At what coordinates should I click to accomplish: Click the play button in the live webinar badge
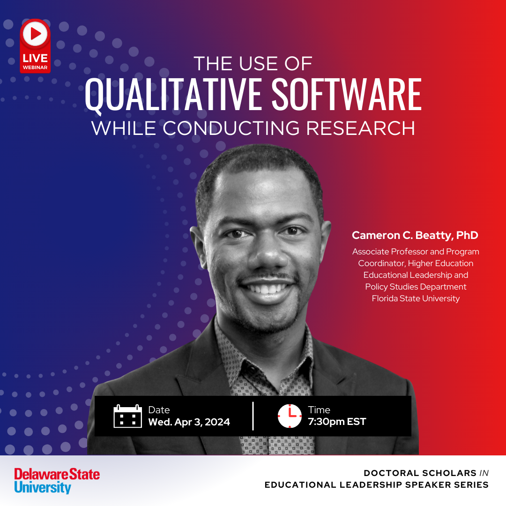point(35,34)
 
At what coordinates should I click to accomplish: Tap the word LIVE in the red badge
point(35,58)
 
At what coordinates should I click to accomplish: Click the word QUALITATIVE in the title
point(172,95)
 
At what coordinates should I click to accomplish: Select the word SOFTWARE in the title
point(347,95)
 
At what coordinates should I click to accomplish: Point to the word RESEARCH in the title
point(360,128)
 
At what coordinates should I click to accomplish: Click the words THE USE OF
point(253,64)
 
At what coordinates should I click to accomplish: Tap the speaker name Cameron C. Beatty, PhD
point(415,235)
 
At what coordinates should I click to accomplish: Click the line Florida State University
point(416,298)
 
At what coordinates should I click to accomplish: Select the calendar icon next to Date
point(128,416)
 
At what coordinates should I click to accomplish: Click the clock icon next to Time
point(290,416)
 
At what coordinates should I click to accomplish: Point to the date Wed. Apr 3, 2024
point(189,422)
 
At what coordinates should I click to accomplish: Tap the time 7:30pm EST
point(337,422)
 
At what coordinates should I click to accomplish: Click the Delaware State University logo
point(57,481)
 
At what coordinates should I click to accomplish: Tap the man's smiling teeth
point(267,288)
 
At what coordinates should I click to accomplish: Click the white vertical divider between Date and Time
point(253,416)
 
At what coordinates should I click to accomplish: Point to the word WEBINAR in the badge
point(35,67)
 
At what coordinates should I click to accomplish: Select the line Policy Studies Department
point(416,287)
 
